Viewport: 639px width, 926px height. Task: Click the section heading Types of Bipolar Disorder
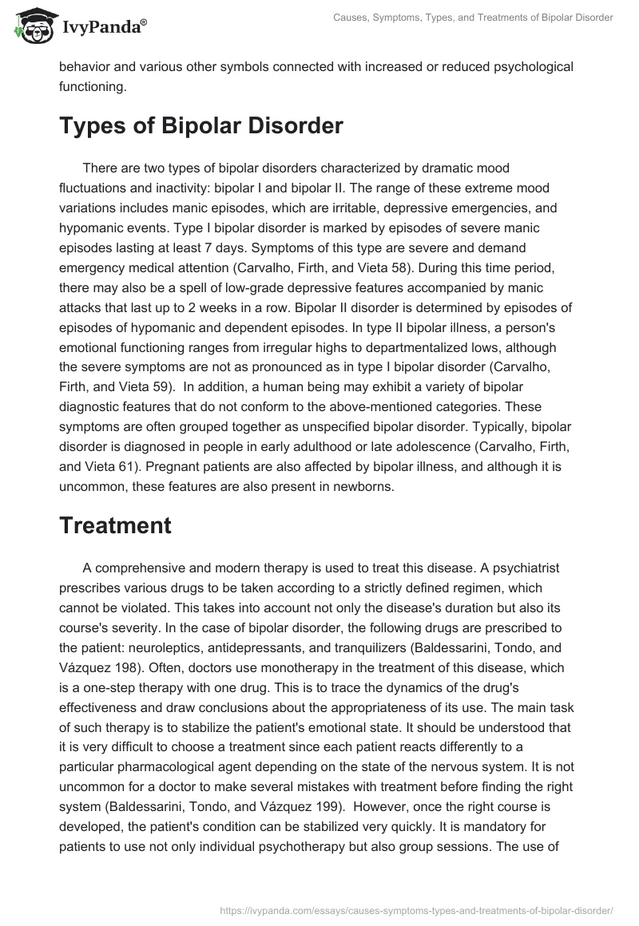tap(201, 126)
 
